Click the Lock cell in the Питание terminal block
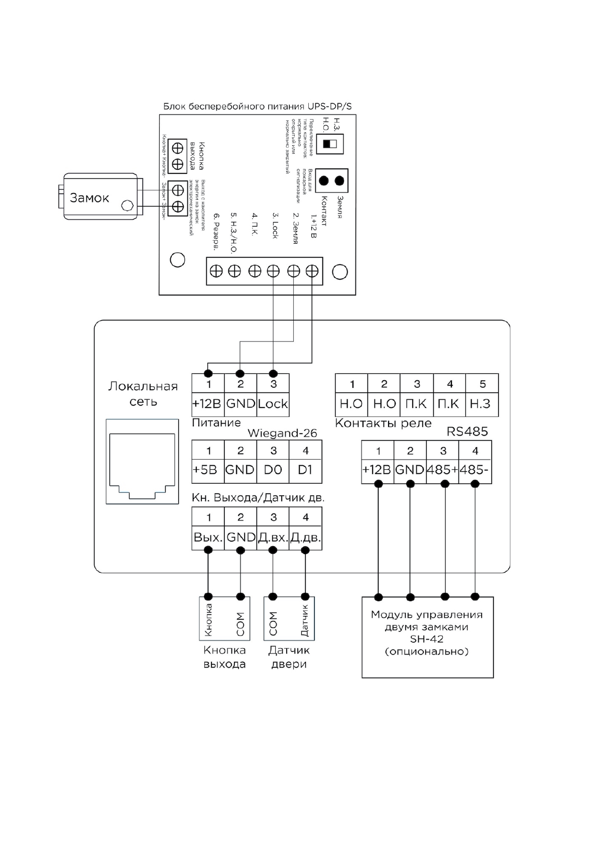pos(273,404)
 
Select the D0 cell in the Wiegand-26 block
pos(273,470)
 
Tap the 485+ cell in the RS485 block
pos(442,470)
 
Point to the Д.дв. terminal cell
pos(305,538)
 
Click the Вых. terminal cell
pos(208,538)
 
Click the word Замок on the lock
pos(89,198)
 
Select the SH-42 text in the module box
pos(427,639)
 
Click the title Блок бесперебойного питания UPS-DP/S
pos(258,107)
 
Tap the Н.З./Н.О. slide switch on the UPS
pos(330,144)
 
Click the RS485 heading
pos(467,432)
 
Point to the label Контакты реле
pos(383,423)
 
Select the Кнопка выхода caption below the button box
pos(224,657)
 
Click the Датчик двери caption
pos(289,657)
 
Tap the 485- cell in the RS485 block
pos(474,470)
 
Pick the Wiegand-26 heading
pos(282,433)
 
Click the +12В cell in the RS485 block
pos(377,470)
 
